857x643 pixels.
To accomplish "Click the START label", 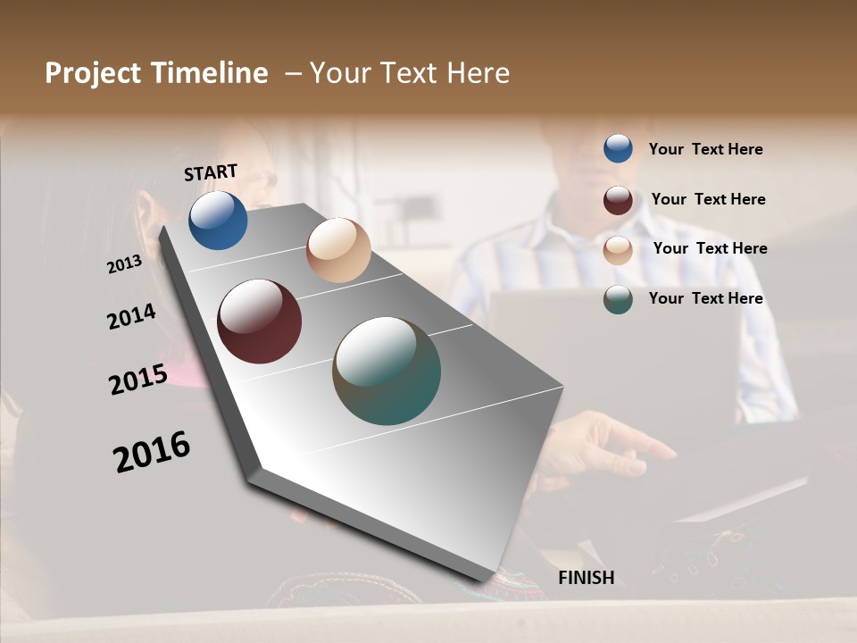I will (211, 172).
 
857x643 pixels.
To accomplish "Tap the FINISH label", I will (587, 578).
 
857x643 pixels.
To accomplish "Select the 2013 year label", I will (125, 264).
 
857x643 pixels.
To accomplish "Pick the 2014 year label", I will (132, 316).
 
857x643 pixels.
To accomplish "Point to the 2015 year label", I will (138, 380).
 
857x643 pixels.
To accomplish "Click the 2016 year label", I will (152, 452).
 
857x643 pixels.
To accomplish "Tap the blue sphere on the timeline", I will (218, 221).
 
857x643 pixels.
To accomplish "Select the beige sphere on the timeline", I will (338, 250).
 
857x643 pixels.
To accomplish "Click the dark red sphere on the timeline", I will (260, 321).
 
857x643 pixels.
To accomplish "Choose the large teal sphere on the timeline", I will (387, 371).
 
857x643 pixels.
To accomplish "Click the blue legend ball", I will (618, 149).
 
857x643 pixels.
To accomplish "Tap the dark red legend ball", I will (618, 200).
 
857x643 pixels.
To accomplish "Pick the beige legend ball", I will (618, 250).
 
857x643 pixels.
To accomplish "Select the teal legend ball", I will (618, 299).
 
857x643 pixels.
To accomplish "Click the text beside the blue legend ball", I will (705, 149).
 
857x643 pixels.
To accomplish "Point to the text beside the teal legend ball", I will (705, 298).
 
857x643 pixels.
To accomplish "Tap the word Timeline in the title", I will (210, 73).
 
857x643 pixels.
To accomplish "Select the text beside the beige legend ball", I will (710, 248).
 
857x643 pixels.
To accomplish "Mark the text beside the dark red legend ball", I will (708, 199).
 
